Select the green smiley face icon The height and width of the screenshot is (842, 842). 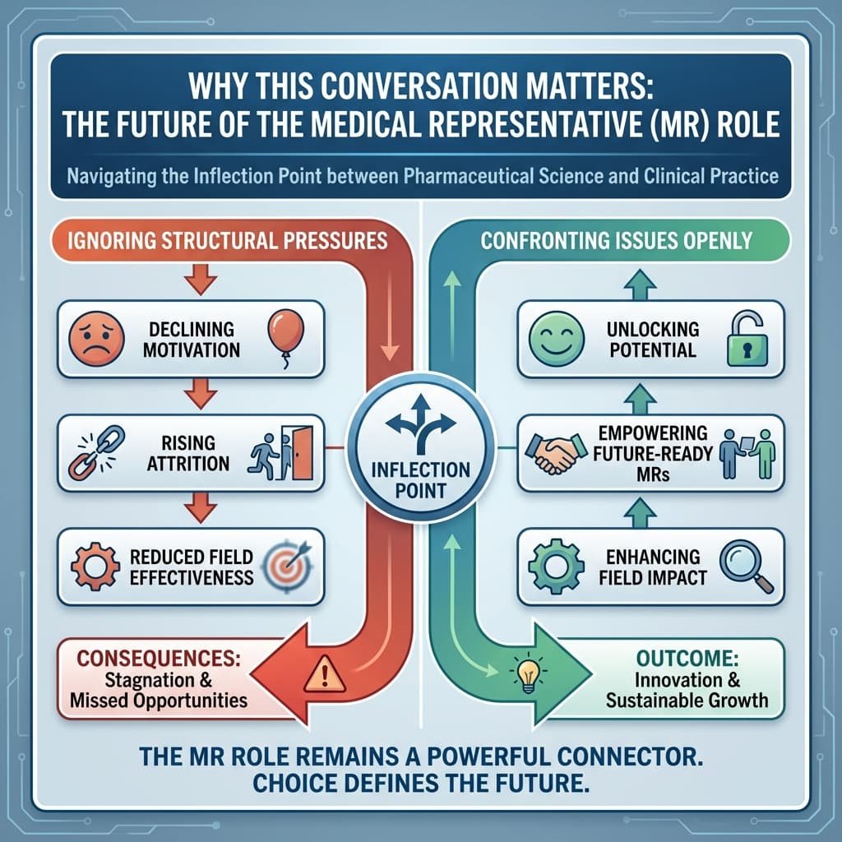[x=550, y=339]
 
